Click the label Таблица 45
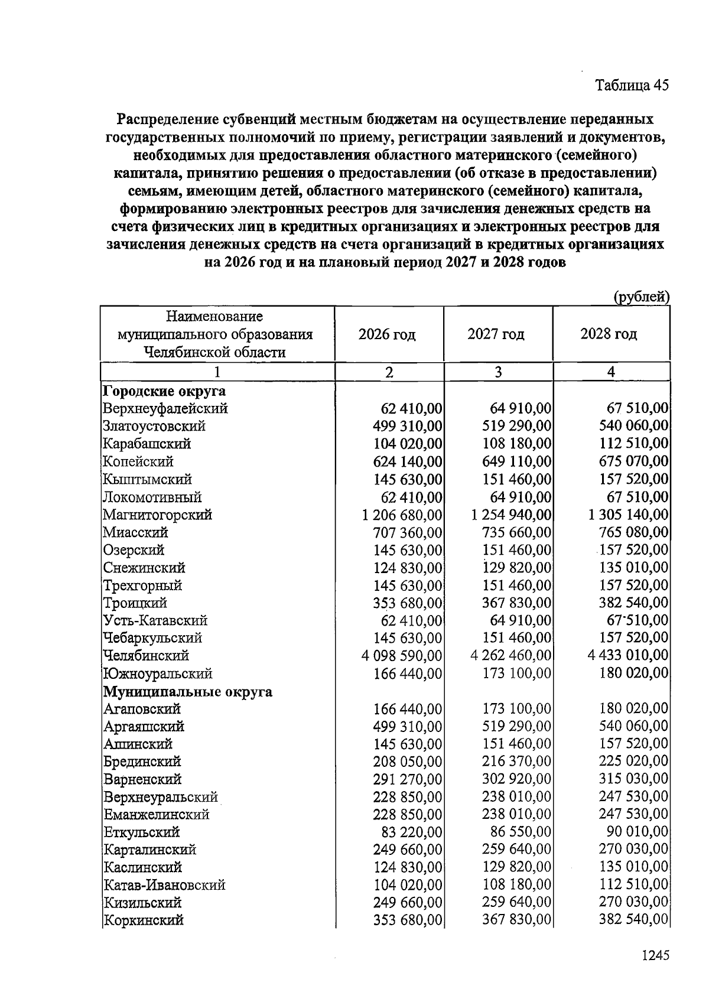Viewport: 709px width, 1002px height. tap(632, 85)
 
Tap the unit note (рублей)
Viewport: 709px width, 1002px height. tap(641, 297)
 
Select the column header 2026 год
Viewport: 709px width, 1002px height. tap(387, 334)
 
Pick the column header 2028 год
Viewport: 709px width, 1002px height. tap(609, 334)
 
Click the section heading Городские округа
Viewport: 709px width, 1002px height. tap(164, 391)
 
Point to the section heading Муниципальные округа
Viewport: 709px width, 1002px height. tap(188, 691)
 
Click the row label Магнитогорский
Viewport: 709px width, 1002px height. tap(157, 515)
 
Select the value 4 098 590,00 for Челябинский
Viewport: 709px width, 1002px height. tap(401, 656)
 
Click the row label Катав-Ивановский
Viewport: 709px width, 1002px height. tap(164, 885)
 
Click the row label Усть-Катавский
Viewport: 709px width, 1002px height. tap(155, 620)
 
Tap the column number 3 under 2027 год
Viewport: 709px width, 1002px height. tap(498, 372)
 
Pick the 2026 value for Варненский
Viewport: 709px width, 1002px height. tap(408, 779)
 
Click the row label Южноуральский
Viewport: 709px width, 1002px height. tap(158, 674)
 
